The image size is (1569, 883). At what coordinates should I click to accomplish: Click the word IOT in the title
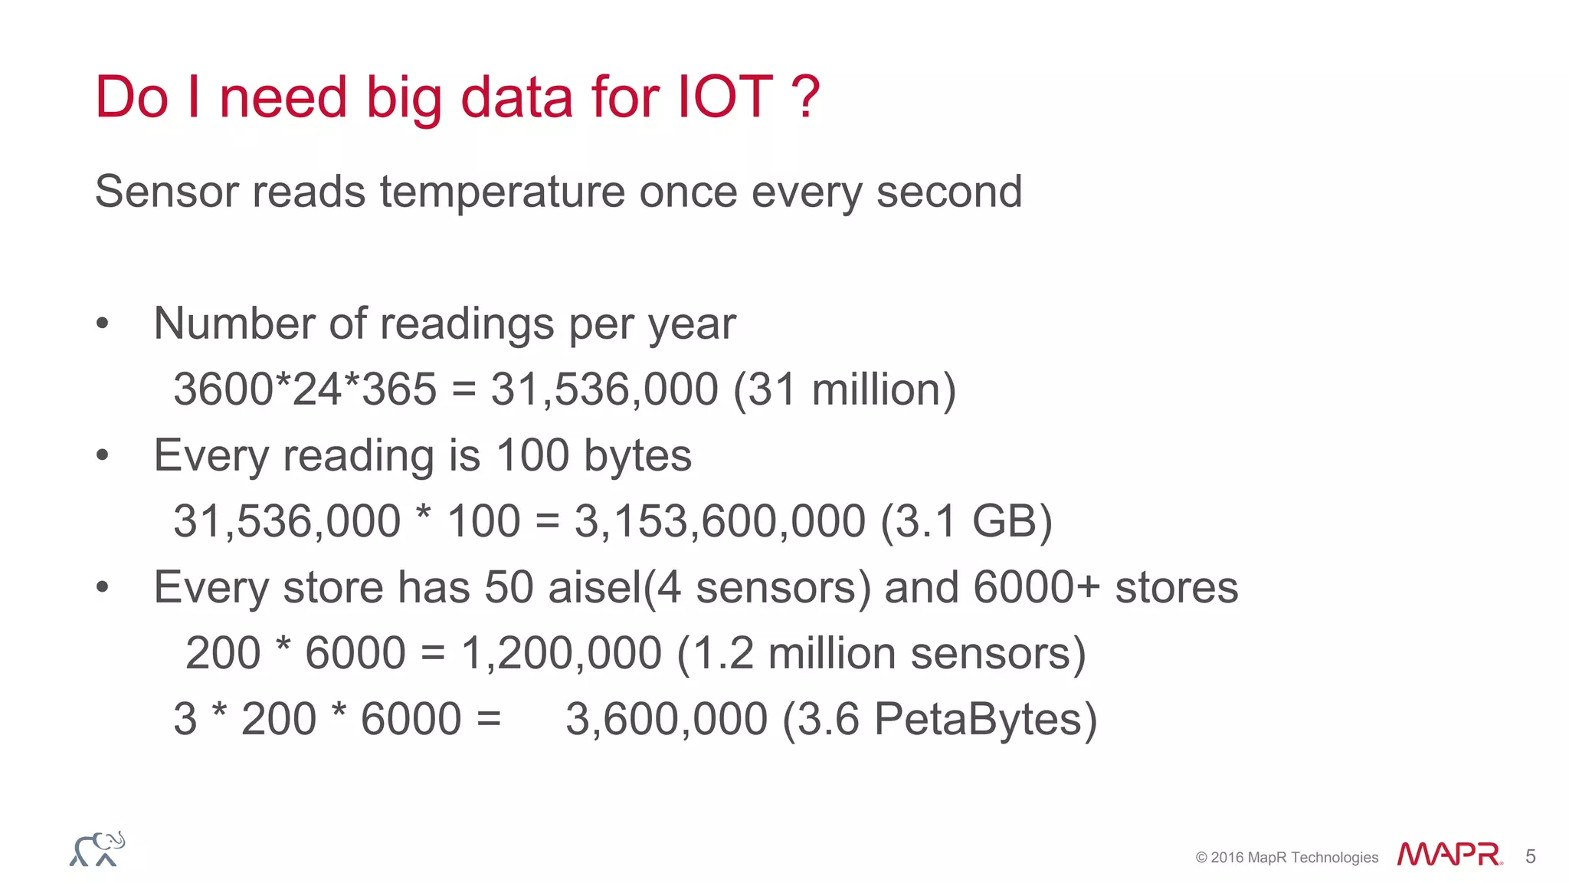pyautogui.click(x=725, y=97)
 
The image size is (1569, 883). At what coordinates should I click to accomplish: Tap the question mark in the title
pyautogui.click(x=805, y=97)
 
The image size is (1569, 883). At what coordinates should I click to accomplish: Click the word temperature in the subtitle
pyautogui.click(x=503, y=192)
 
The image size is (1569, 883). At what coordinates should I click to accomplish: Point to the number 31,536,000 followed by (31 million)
pyautogui.click(x=604, y=389)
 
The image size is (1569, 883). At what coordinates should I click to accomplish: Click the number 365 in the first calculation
pyautogui.click(x=398, y=389)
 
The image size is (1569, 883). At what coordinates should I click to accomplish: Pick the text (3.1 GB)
pyautogui.click(x=966, y=521)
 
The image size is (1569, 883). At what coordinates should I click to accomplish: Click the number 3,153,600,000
pyautogui.click(x=720, y=521)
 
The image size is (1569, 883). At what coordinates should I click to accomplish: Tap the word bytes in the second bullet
pyautogui.click(x=637, y=455)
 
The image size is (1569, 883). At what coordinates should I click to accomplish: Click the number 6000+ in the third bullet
pyautogui.click(x=1037, y=588)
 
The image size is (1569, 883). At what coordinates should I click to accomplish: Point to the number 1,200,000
pyautogui.click(x=562, y=654)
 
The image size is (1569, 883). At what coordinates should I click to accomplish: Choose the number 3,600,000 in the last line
pyautogui.click(x=667, y=720)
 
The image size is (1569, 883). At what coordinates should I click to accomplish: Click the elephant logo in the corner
pyautogui.click(x=97, y=849)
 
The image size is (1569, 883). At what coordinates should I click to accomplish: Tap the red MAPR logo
pyautogui.click(x=1449, y=855)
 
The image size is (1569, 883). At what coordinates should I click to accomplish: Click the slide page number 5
pyautogui.click(x=1530, y=856)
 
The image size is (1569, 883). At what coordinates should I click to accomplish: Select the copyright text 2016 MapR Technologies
pyautogui.click(x=1294, y=858)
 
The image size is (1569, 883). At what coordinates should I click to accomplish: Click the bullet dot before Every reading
pyautogui.click(x=103, y=456)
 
